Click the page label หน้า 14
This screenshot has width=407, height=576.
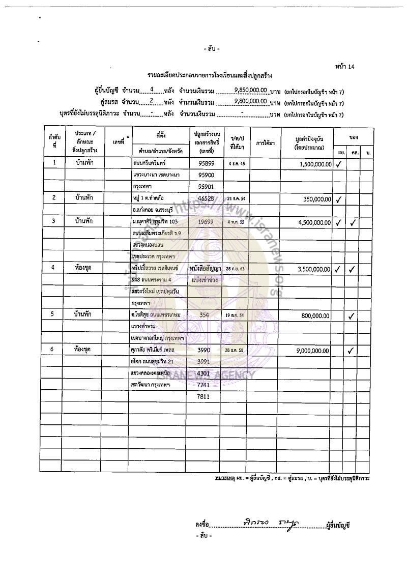pyautogui.click(x=345, y=67)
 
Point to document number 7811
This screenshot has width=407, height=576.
pyautogui.click(x=204, y=396)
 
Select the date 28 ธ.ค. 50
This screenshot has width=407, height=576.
pyautogui.click(x=235, y=351)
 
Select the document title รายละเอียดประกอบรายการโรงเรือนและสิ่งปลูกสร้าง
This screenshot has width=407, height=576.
pyautogui.click(x=210, y=76)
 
